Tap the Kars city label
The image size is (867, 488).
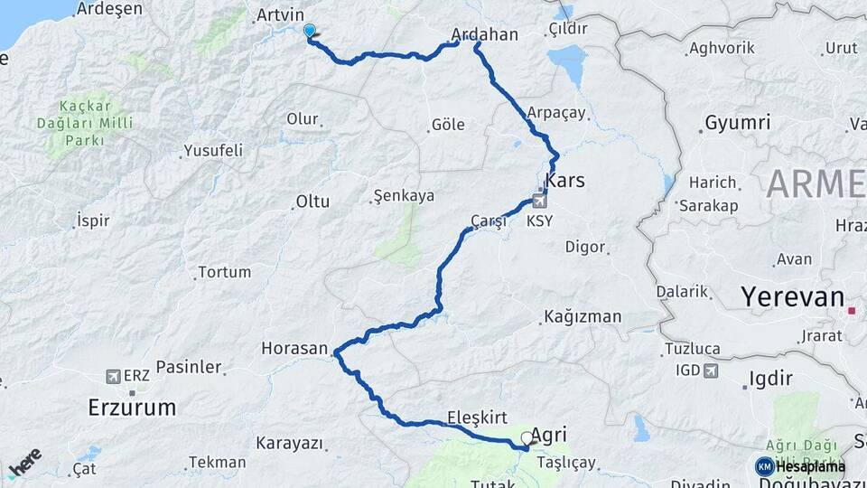[564, 181]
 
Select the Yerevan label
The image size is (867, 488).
[792, 297]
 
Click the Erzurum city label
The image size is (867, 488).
[132, 407]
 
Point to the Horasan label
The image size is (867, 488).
[294, 347]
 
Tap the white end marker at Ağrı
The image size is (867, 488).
[527, 439]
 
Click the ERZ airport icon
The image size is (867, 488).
[113, 376]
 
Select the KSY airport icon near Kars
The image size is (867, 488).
[540, 202]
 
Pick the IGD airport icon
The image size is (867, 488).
[711, 371]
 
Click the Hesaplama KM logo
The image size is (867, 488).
[800, 466]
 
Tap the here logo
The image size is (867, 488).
[24, 462]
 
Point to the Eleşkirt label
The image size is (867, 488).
[477, 418]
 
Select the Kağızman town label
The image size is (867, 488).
[583, 317]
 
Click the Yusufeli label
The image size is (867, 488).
[213, 150]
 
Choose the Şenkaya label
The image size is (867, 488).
[404, 195]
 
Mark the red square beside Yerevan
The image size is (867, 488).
[852, 312]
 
